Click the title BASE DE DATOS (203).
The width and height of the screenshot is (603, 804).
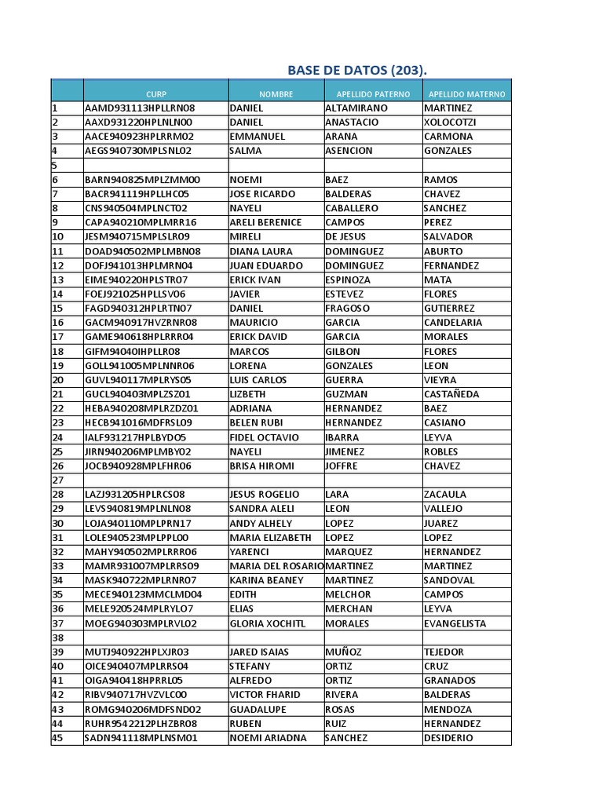click(357, 70)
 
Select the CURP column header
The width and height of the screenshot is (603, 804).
click(156, 94)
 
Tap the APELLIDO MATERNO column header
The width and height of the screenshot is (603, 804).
click(466, 94)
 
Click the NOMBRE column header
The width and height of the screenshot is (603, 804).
click(276, 94)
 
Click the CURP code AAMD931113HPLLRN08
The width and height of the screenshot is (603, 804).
click(140, 108)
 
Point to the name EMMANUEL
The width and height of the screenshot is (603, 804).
click(258, 137)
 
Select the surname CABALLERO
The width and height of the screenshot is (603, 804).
click(351, 208)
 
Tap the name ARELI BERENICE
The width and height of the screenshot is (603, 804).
click(265, 222)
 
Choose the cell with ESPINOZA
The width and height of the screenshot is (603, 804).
click(348, 280)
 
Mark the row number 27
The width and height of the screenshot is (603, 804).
click(57, 480)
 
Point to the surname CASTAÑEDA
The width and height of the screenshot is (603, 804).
click(451, 394)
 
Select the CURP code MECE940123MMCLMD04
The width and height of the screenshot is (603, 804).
click(143, 594)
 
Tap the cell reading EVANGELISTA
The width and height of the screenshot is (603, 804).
click(455, 623)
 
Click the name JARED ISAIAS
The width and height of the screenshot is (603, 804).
click(259, 652)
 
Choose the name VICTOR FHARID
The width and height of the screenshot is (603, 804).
click(266, 695)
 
